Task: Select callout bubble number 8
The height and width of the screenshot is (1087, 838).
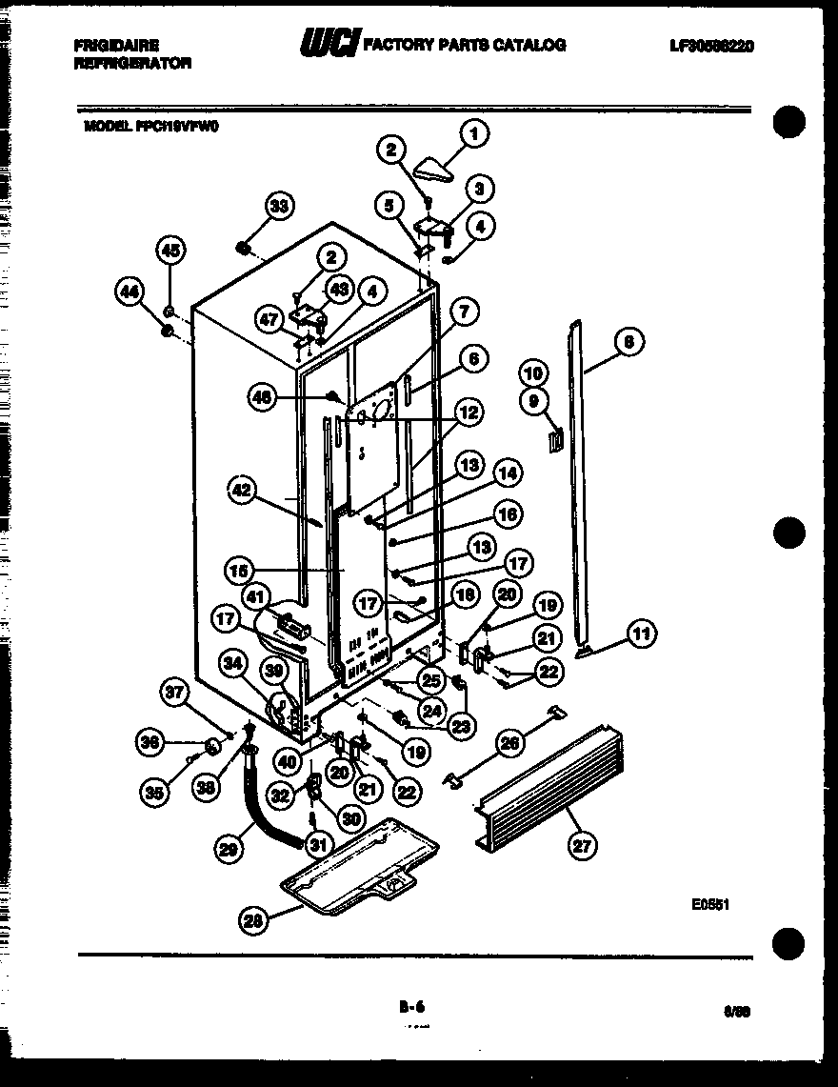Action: pyautogui.click(x=629, y=341)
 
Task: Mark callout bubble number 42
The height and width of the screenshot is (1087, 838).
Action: pyautogui.click(x=244, y=491)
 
